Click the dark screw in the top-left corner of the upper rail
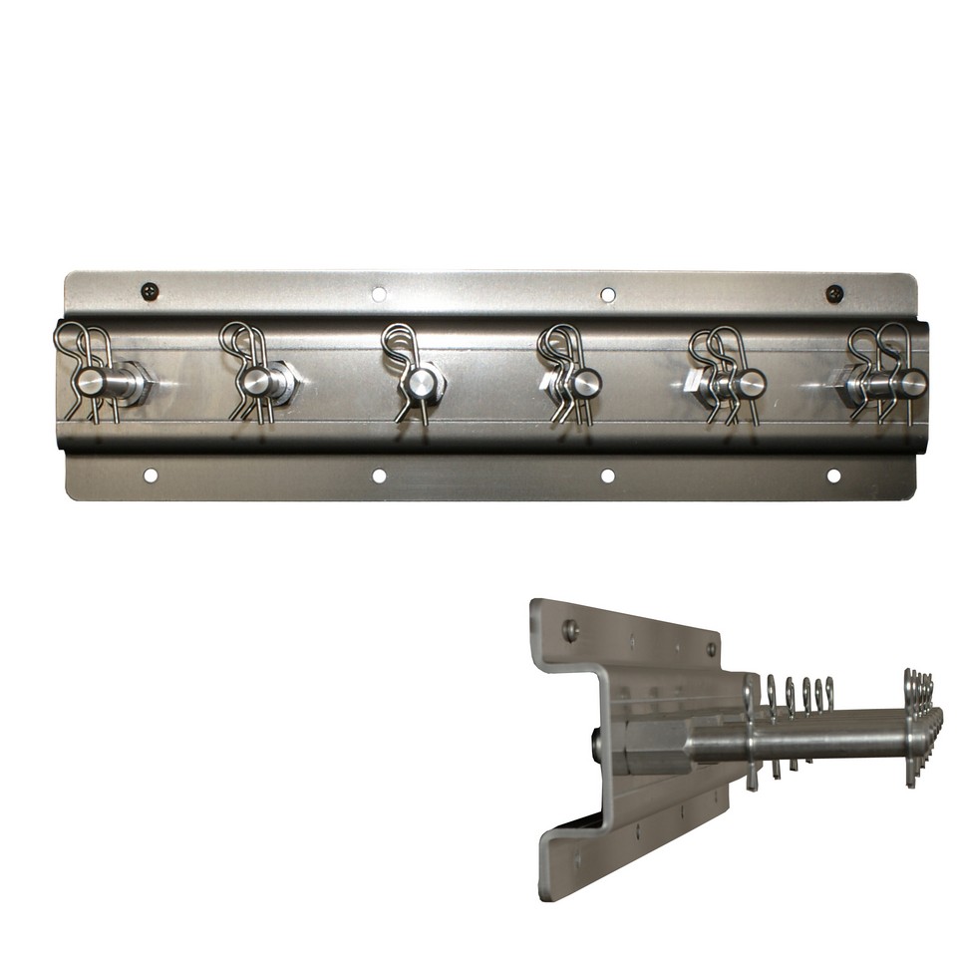(x=150, y=291)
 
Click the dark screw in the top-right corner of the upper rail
(x=834, y=293)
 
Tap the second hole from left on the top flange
(x=379, y=294)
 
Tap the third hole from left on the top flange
(x=607, y=294)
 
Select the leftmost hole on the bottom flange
(x=151, y=476)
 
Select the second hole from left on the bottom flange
(x=379, y=476)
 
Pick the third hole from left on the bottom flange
(x=607, y=476)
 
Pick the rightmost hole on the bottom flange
(x=833, y=476)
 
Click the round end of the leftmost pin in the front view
(x=91, y=383)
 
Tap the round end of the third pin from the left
(x=424, y=382)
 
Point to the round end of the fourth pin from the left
(x=587, y=382)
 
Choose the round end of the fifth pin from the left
(x=752, y=383)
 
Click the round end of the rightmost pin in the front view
(x=913, y=383)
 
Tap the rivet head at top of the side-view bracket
(x=570, y=629)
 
